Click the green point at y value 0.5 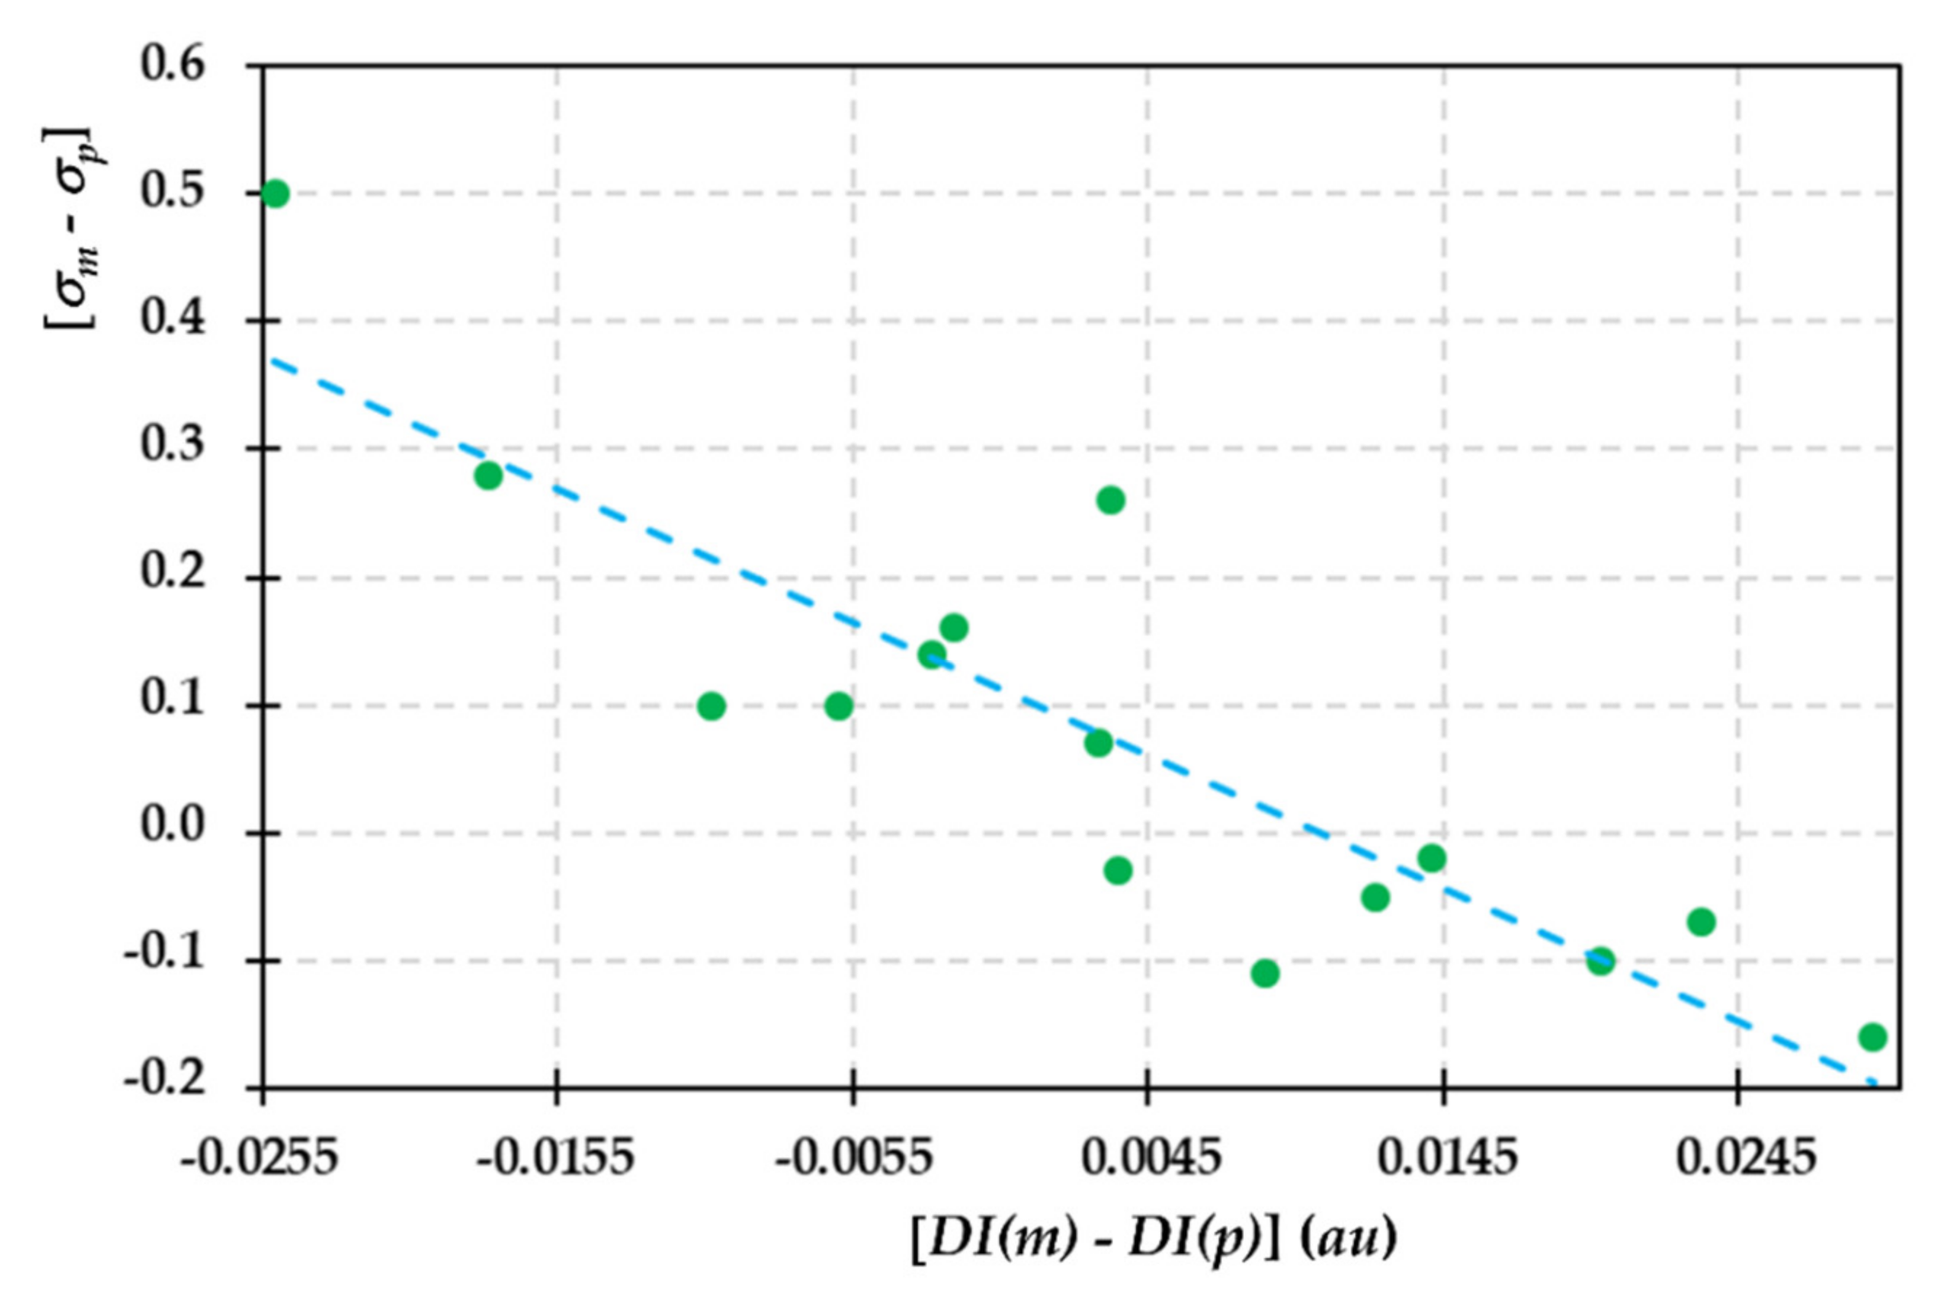275,193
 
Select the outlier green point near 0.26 1110,500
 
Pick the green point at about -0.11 1265,974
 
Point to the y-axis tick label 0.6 172,65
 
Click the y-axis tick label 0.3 172,447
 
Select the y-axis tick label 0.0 172,828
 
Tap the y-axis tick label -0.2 164,1082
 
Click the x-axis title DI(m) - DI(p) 1100,1239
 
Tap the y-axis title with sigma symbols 70,228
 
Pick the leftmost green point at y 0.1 711,706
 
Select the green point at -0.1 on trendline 1601,961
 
